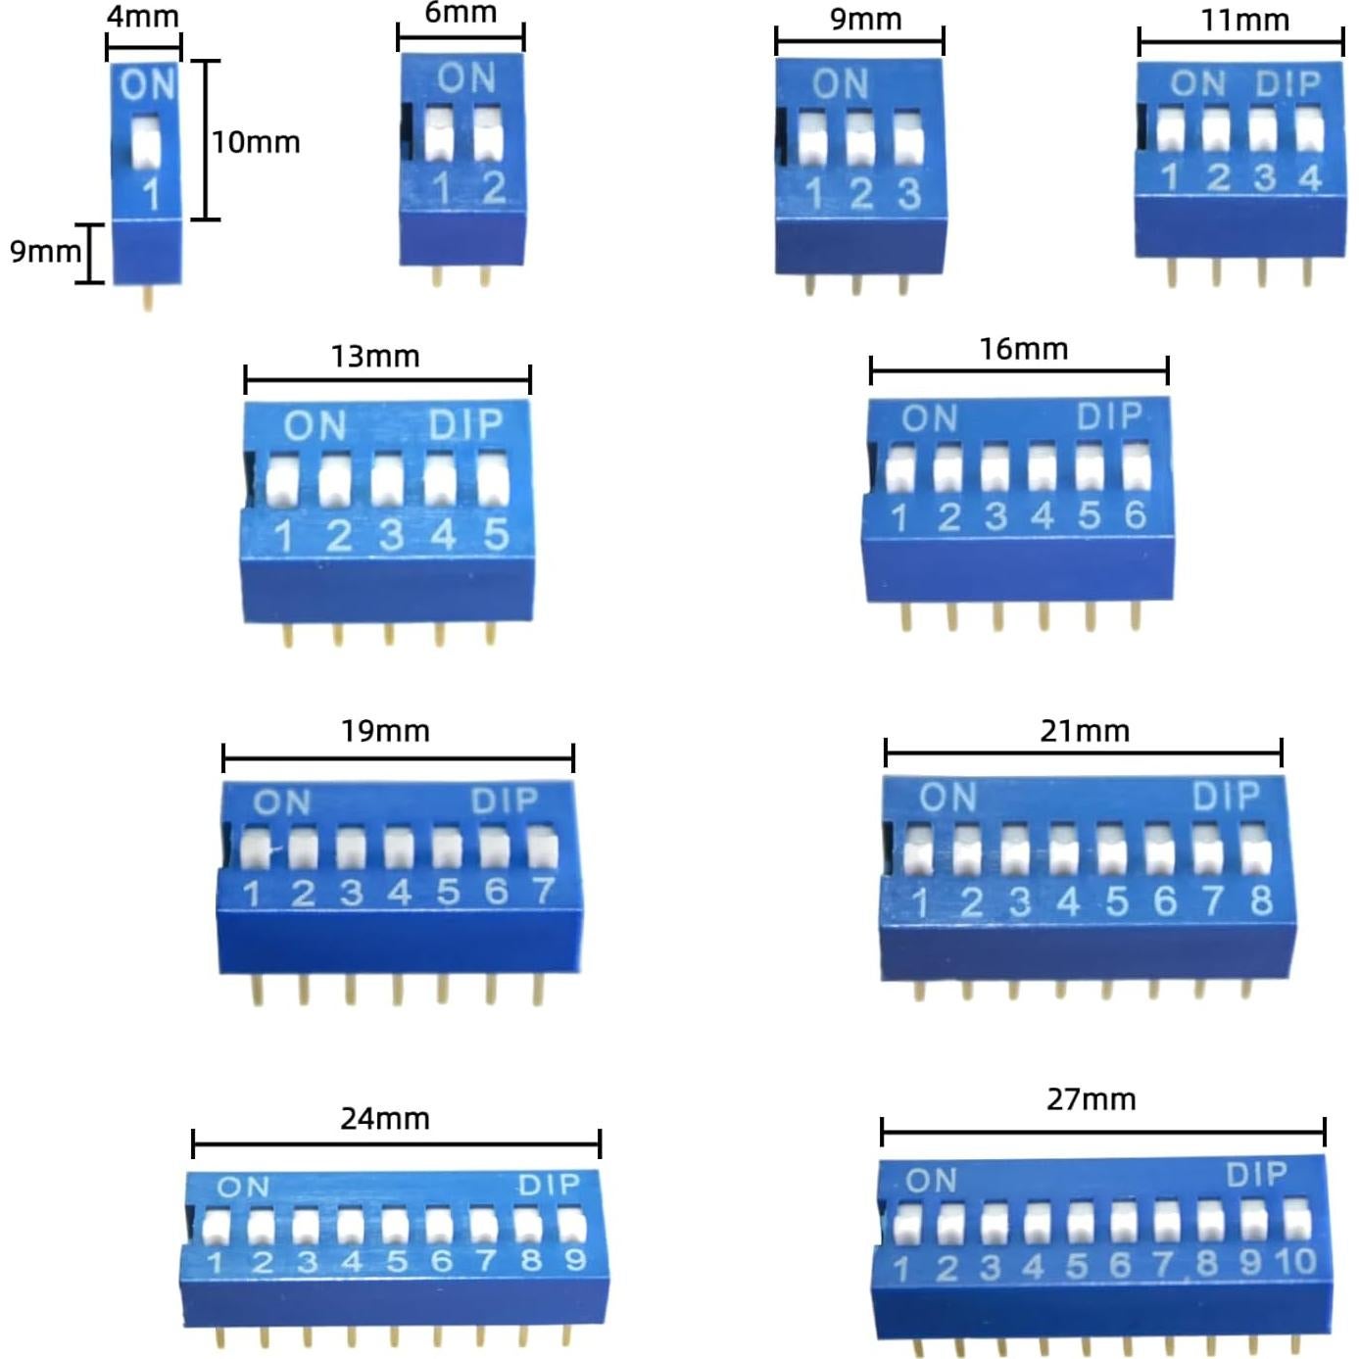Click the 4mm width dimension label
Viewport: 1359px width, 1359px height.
tap(143, 17)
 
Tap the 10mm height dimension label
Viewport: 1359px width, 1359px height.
tap(256, 142)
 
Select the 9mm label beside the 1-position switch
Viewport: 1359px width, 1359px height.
tap(44, 252)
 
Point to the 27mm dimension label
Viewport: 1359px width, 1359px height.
tap(1091, 1099)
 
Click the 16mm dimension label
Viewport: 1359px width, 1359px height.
tap(1024, 349)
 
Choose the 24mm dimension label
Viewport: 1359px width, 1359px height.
tap(385, 1118)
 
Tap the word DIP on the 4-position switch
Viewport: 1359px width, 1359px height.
tap(1287, 84)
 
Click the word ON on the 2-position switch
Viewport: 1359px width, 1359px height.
tap(466, 78)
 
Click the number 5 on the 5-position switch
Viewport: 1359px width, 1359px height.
tap(496, 534)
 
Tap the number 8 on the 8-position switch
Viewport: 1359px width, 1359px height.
tap(1261, 899)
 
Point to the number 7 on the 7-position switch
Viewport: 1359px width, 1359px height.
tap(543, 891)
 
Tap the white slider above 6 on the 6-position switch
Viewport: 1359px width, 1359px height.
tap(1136, 468)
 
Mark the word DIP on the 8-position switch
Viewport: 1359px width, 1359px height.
tap(1226, 797)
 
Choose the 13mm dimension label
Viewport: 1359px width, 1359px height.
tap(375, 356)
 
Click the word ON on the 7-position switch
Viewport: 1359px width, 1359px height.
tap(282, 803)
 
